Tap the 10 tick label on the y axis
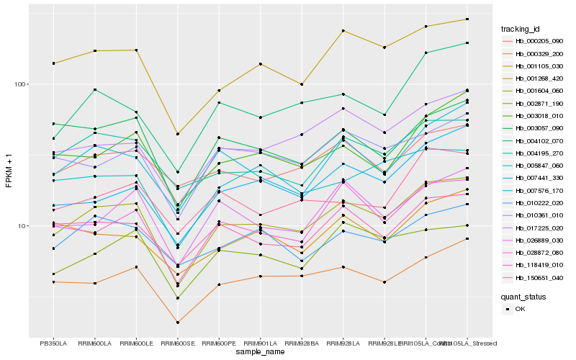21,226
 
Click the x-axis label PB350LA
53,343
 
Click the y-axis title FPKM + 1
9,171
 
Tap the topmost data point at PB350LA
53,63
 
